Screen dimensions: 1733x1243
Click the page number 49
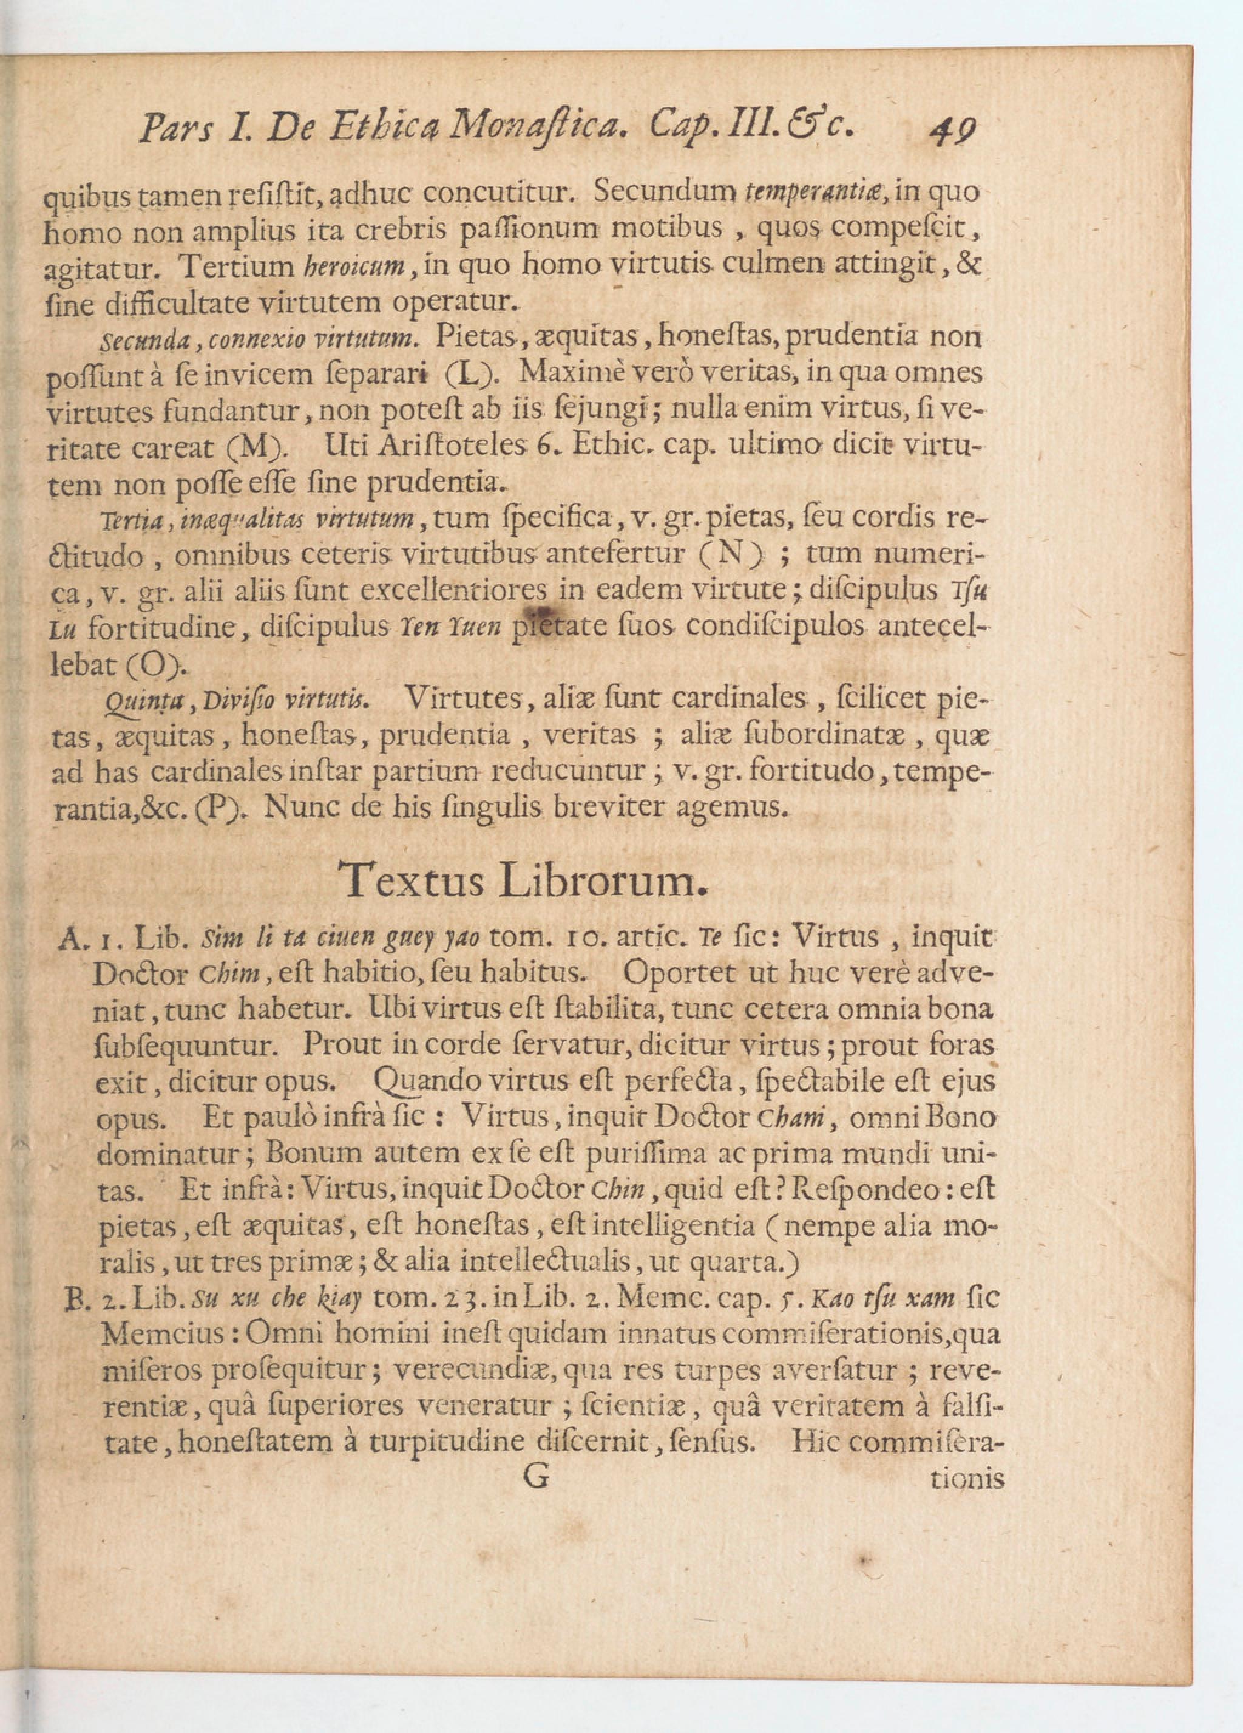coord(950,130)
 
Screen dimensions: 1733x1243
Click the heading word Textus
coord(410,880)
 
